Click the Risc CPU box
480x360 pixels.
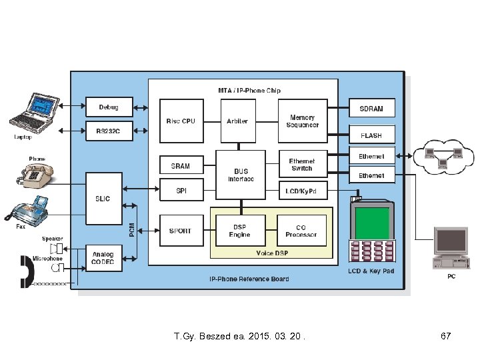181,121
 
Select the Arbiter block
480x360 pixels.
237,121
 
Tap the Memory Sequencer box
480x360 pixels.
303,121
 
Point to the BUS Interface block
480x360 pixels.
241,175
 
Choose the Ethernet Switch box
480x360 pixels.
302,165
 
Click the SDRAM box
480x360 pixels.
372,108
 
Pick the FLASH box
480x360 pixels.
372,135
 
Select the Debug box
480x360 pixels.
109,107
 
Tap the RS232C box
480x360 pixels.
109,131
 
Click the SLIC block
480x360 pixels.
103,198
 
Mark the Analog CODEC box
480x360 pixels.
103,258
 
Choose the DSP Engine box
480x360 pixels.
240,231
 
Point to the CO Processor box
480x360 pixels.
302,231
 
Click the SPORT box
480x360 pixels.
181,231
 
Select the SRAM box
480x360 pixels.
181,166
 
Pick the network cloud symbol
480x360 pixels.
441,157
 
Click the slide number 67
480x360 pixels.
446,336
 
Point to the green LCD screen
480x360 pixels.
371,223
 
